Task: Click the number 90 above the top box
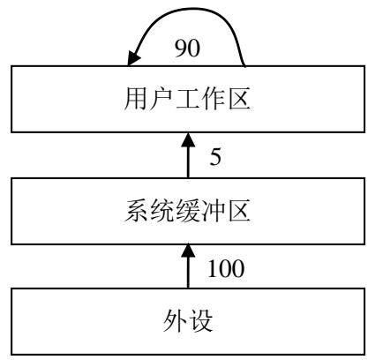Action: point(187,48)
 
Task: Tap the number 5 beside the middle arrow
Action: point(215,156)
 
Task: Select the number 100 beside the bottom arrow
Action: point(226,268)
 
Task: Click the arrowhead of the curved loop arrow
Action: point(133,58)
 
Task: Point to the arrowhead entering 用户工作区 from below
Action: point(188,139)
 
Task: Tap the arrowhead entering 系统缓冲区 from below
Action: point(188,251)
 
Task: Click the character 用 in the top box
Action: point(136,99)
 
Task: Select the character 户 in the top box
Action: point(161,99)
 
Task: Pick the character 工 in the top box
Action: point(187,99)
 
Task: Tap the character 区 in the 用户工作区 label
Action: point(240,99)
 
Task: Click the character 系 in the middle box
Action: point(136,211)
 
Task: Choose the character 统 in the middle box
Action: point(161,211)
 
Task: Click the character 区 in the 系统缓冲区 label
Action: point(240,211)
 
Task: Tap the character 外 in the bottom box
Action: point(175,321)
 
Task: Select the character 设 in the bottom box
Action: point(201,321)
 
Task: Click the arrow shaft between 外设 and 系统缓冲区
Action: point(188,273)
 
